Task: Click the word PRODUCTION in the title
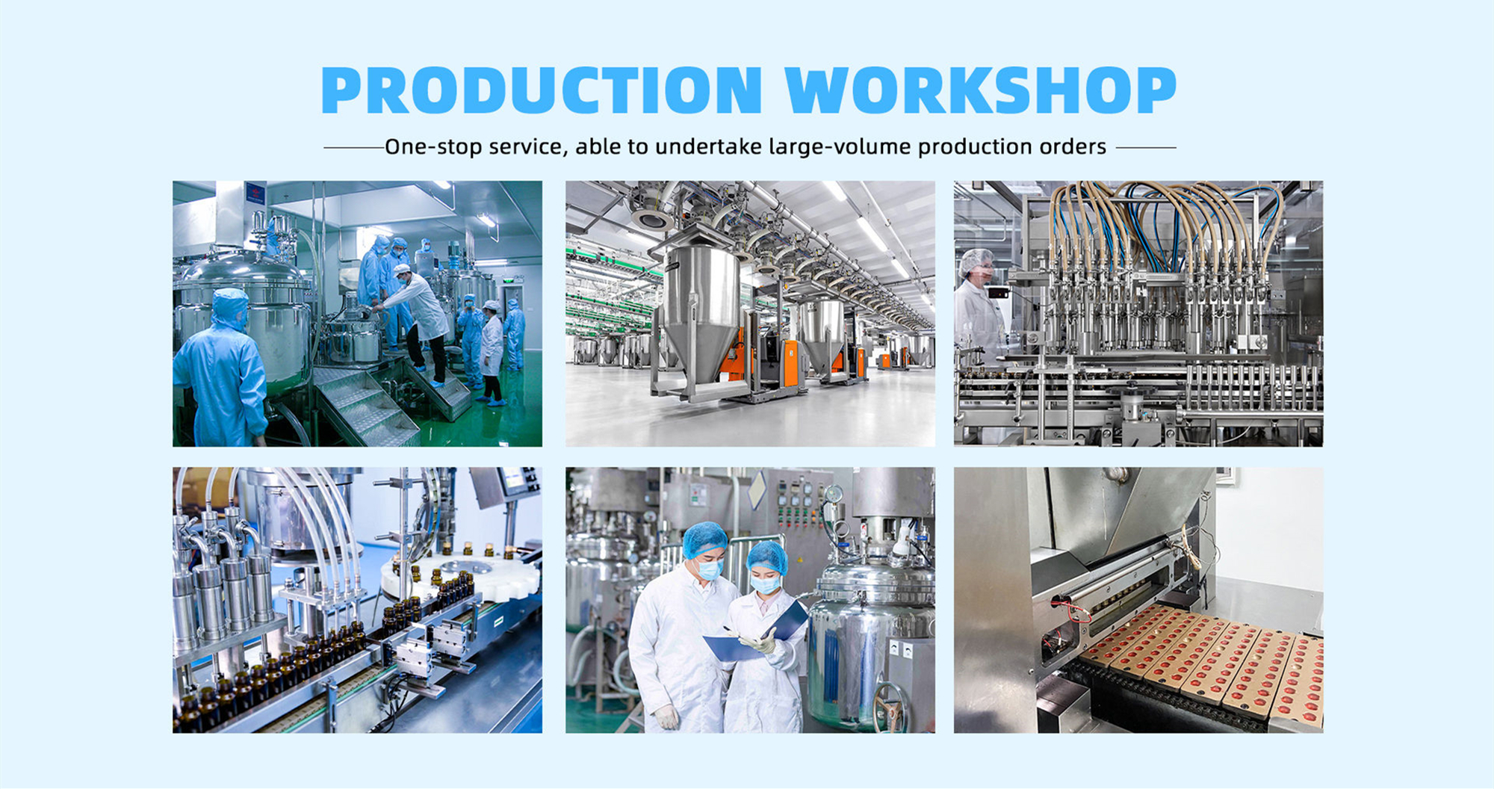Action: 542,90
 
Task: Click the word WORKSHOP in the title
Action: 981,90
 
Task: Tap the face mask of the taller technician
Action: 710,570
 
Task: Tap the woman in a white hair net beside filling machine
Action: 981,300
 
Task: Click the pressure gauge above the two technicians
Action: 834,494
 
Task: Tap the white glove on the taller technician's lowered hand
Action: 666,717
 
